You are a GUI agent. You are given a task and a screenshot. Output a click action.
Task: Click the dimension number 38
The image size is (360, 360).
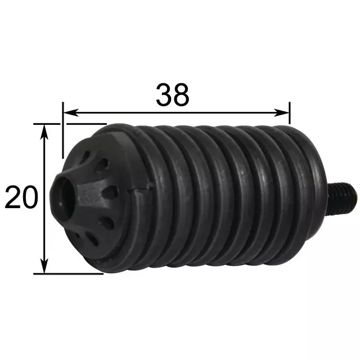click(x=173, y=94)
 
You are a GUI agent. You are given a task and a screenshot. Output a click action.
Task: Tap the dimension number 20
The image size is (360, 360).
click(x=21, y=197)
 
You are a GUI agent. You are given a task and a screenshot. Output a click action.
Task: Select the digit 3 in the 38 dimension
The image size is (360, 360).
click(x=164, y=94)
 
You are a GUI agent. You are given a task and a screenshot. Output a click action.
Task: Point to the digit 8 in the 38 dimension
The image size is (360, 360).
click(x=181, y=94)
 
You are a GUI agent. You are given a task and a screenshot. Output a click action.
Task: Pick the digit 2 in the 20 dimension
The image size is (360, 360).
click(x=13, y=197)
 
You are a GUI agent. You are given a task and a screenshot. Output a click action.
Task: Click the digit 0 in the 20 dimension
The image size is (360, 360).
click(x=30, y=197)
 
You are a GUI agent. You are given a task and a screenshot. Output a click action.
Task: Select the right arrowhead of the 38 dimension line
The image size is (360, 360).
click(x=281, y=112)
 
